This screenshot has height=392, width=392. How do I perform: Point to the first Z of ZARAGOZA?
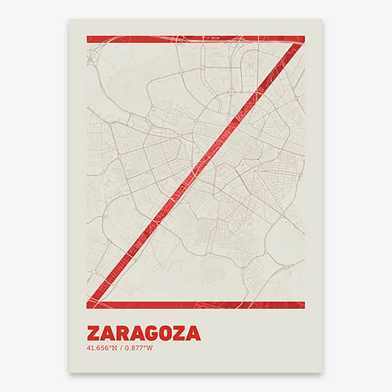(x=93, y=333)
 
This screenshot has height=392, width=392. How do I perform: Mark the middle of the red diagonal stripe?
(x=195, y=172)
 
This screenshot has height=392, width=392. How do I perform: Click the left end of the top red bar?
(x=89, y=39)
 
